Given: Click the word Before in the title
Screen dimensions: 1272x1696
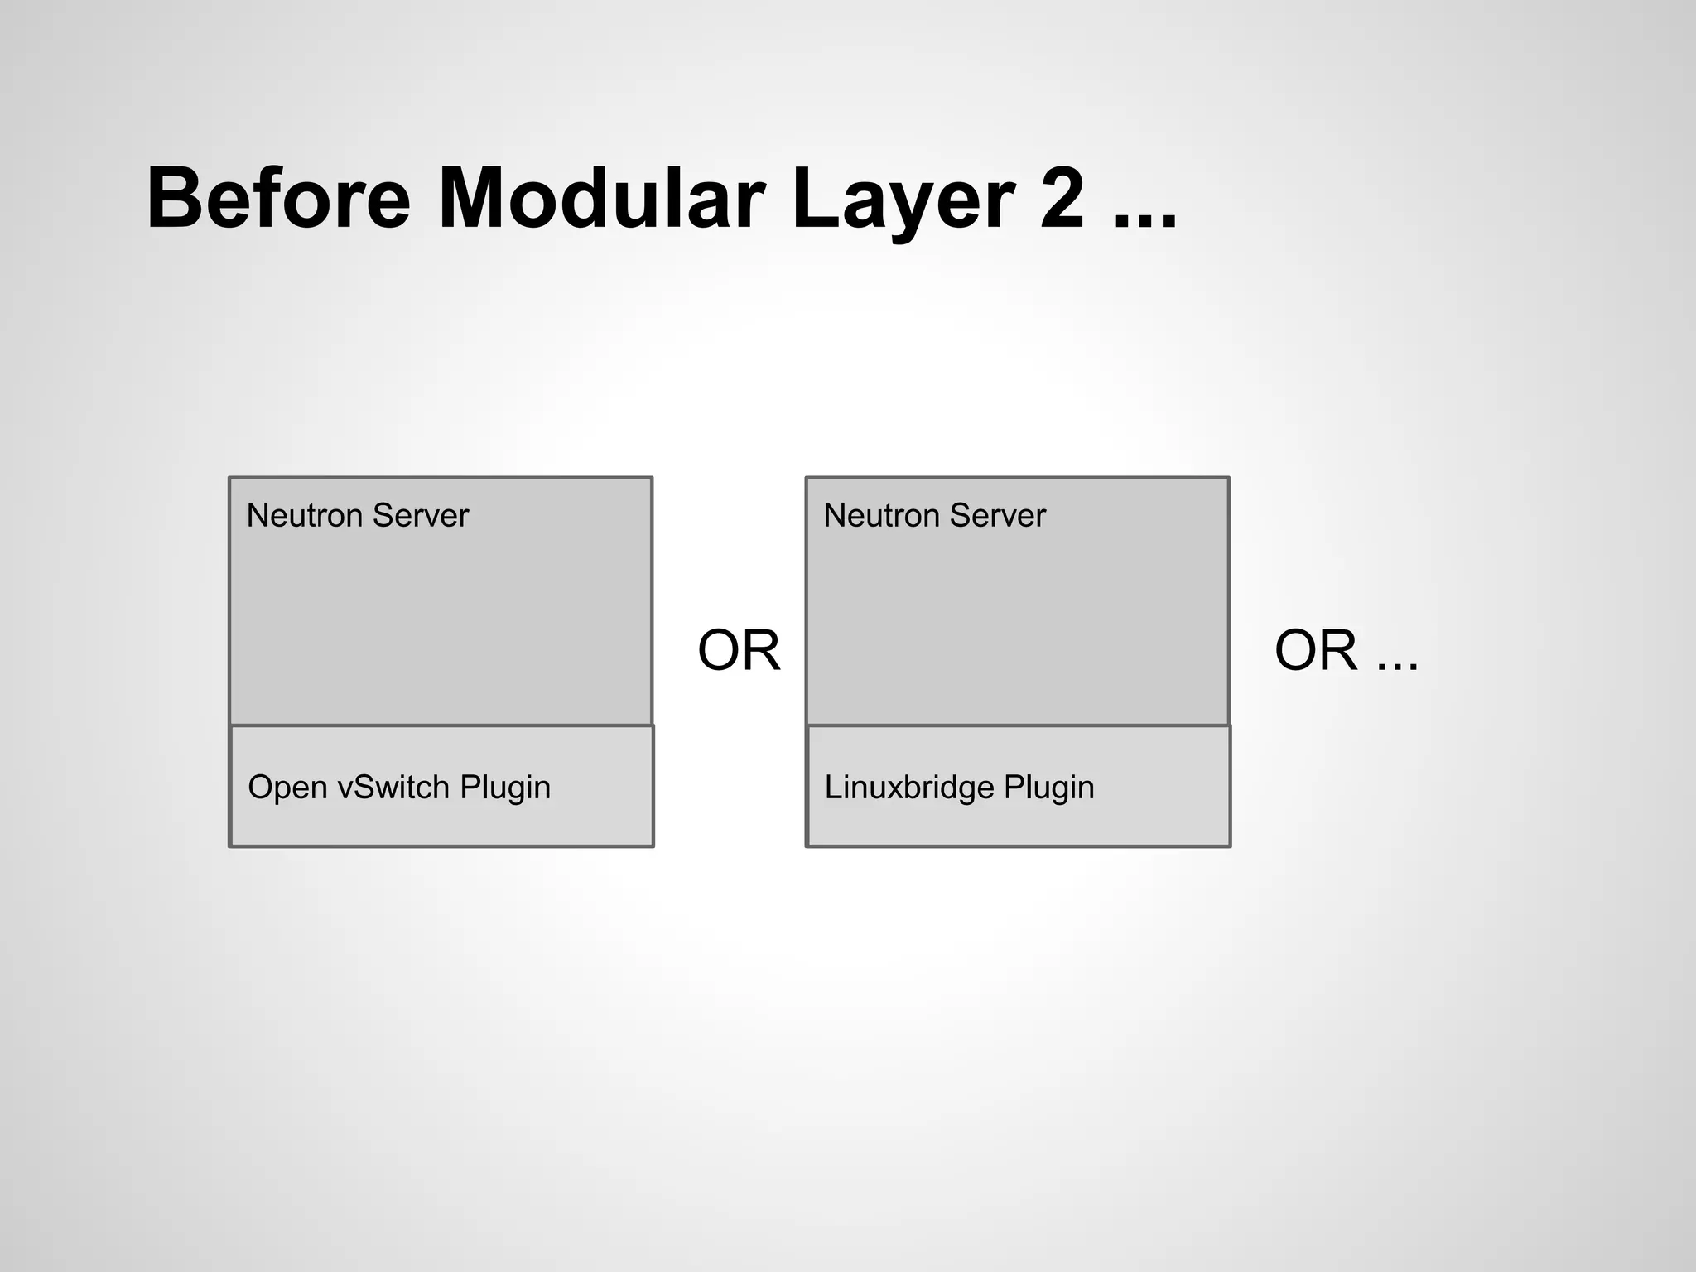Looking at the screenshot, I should pyautogui.click(x=278, y=199).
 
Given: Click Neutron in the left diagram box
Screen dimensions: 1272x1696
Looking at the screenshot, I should pyautogui.click(x=304, y=515).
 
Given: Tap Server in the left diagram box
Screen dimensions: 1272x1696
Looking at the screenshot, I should pyautogui.click(x=420, y=515).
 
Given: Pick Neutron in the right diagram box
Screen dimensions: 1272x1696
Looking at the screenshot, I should pyautogui.click(x=881, y=515).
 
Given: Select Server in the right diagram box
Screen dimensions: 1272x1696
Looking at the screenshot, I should pyautogui.click(x=997, y=515).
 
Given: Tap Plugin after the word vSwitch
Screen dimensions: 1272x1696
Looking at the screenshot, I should pyautogui.click(x=505, y=787).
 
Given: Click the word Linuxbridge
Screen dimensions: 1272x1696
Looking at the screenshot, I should pyautogui.click(x=908, y=787).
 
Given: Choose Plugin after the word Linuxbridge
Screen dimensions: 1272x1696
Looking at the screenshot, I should pyautogui.click(x=1049, y=787).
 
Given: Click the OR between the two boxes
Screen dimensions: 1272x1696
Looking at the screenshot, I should pyautogui.click(x=739, y=650).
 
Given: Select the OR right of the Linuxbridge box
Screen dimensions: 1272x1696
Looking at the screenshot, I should pyautogui.click(x=1316, y=650).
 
